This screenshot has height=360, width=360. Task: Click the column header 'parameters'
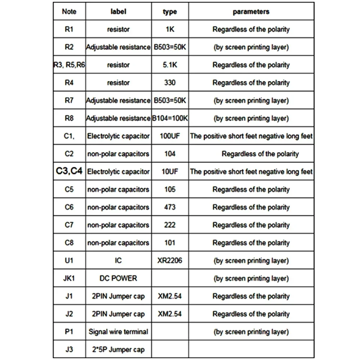click(251, 12)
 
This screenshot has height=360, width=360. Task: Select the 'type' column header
click(170, 12)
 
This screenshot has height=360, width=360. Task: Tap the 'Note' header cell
click(69, 12)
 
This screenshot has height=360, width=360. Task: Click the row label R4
click(69, 83)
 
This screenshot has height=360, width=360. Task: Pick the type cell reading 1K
click(170, 30)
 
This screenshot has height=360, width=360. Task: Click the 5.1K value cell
click(170, 65)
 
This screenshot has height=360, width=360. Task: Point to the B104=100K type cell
click(170, 118)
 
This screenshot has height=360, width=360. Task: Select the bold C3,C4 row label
click(69, 172)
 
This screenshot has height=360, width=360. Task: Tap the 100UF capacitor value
click(170, 136)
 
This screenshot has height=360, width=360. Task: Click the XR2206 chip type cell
click(170, 261)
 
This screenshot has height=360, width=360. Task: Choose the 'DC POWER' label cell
click(118, 278)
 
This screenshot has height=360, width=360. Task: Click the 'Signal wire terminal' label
click(118, 332)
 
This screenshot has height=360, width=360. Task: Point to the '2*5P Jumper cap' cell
click(118, 350)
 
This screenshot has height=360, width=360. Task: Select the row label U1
click(69, 261)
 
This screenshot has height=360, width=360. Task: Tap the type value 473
click(170, 207)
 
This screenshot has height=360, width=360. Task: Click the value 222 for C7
click(170, 225)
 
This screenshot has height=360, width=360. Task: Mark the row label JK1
click(69, 278)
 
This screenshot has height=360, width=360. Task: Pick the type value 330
click(170, 83)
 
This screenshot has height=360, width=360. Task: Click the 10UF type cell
click(170, 172)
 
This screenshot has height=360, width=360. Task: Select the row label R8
click(69, 118)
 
